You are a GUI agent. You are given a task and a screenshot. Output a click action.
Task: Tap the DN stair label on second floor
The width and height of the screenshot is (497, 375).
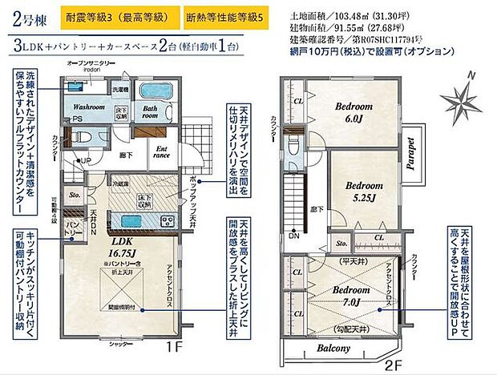[294, 236]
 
